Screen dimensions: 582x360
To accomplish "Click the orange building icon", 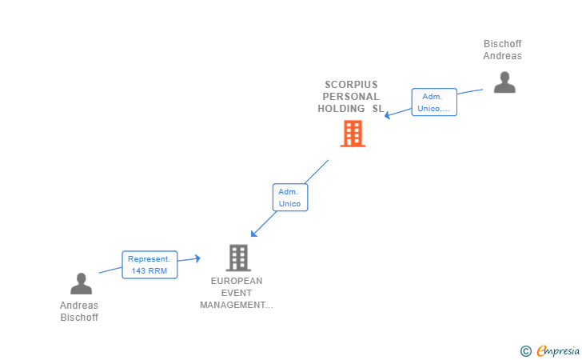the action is click(x=353, y=134).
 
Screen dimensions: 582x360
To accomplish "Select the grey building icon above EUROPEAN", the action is click(x=238, y=258).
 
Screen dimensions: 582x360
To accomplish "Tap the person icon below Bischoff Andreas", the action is click(x=504, y=82).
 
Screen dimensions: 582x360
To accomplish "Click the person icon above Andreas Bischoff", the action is click(x=81, y=284).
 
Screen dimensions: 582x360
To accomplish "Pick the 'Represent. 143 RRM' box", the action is click(x=149, y=265).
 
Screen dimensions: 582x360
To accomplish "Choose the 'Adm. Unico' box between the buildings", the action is click(x=290, y=198).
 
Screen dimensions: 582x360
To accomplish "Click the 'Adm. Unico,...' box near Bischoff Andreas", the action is click(x=434, y=102).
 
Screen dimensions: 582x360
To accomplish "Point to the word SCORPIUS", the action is click(x=351, y=85).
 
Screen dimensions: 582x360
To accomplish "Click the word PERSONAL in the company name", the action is click(x=351, y=97).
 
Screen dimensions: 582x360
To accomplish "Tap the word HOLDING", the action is click(x=341, y=109).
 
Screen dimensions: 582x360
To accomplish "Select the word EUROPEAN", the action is click(x=237, y=281).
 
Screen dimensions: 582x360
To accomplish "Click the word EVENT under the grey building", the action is click(x=237, y=293).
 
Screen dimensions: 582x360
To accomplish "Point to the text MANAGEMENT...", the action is click(x=233, y=305).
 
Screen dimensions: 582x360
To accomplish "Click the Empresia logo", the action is click(x=557, y=350).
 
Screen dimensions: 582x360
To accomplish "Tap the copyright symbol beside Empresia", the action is click(x=525, y=351).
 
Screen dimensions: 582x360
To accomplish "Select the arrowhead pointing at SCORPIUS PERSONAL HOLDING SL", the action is click(x=387, y=115).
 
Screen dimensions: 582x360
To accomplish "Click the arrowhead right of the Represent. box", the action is click(x=197, y=258).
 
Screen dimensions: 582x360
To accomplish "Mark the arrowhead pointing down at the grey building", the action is click(x=254, y=234).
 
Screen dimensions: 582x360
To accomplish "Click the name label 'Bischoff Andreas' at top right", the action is click(x=502, y=50).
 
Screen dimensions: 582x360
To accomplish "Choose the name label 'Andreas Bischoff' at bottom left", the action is click(x=79, y=311).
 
